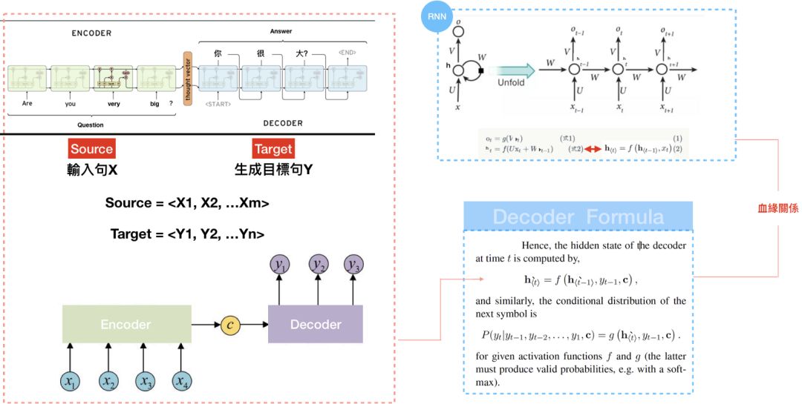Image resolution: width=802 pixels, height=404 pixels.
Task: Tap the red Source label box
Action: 91,148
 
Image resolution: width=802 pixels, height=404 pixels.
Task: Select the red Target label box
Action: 273,148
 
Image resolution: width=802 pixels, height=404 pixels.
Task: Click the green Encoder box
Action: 125,324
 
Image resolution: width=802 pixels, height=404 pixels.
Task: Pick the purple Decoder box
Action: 316,324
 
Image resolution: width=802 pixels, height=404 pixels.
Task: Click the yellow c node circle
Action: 231,324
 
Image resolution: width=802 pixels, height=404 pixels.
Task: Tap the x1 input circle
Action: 70,381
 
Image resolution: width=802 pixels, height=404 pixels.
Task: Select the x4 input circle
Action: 181,381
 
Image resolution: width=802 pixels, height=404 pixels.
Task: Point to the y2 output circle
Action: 319,265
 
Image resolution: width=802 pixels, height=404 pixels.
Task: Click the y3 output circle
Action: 355,265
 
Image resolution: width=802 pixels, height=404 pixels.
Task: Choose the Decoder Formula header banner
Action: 578,216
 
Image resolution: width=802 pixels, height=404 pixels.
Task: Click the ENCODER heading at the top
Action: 91,33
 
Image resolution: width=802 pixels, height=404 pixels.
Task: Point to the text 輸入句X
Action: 91,169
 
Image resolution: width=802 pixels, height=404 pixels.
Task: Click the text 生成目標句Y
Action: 273,169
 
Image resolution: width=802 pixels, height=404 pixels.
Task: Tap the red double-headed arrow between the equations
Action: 593,148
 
